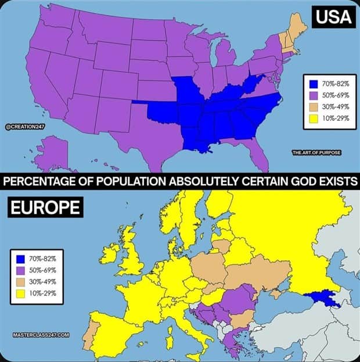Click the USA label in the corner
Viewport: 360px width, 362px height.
coord(334,17)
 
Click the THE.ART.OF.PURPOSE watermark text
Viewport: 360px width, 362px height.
coord(316,152)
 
